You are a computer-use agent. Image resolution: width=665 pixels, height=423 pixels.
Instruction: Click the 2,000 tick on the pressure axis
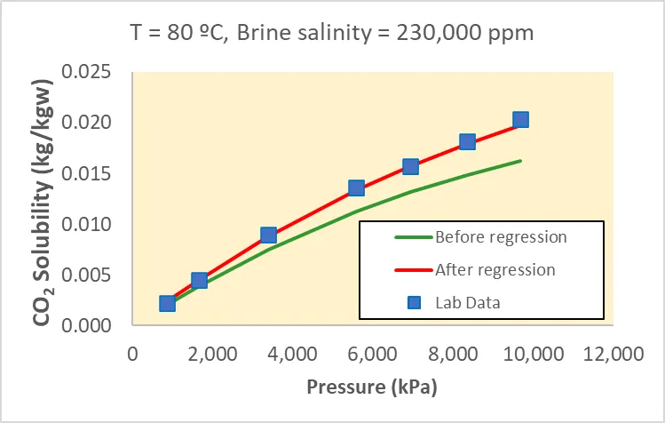point(213,354)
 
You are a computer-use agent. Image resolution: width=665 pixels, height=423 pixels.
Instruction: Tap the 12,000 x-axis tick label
point(614,354)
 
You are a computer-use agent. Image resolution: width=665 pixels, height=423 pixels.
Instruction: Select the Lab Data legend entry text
point(468,302)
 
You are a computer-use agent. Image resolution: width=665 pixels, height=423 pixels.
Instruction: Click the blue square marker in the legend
point(413,302)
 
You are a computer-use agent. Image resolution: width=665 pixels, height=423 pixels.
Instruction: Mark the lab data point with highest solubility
point(520,120)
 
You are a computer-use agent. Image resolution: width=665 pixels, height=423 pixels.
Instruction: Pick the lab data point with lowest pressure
point(167,304)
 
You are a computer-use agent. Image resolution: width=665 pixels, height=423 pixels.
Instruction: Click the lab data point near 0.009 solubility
point(269,235)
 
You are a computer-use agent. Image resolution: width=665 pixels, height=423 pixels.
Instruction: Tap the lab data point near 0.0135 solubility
point(356,188)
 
